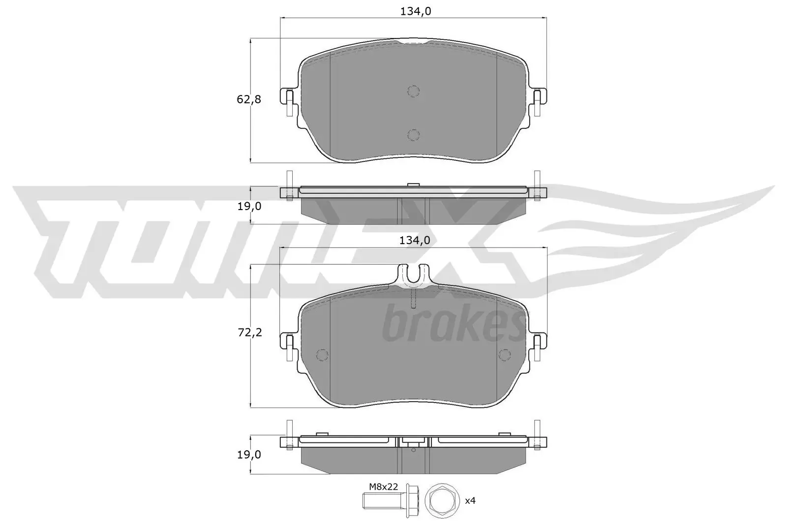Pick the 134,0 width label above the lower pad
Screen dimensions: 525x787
[415, 240]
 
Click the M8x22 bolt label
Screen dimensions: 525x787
[383, 487]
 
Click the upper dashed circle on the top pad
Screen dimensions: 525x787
[413, 91]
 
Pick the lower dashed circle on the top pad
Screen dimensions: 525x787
[413, 134]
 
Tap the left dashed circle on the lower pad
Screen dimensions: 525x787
[322, 355]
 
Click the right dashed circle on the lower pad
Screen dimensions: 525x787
[505, 355]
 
